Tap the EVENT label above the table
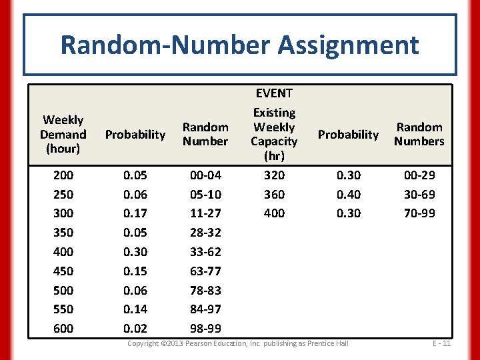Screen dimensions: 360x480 coord(274,93)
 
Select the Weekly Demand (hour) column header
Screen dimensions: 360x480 coord(63,134)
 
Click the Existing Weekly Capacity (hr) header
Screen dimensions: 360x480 coord(274,134)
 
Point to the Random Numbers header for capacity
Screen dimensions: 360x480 coord(419,134)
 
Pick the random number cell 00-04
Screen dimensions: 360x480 coord(205,175)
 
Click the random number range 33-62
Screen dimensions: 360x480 coord(205,252)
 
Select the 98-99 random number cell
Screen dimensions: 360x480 coord(205,329)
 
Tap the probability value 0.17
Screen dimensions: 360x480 coord(135,213)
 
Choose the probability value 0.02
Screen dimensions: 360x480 coord(135,329)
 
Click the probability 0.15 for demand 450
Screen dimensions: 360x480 coord(135,271)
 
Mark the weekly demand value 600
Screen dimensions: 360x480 coord(63,329)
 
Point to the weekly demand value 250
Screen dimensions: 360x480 coord(63,195)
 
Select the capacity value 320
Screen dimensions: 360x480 coord(274,175)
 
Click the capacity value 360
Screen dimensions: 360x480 coord(274,195)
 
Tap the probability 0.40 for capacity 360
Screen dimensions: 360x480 coord(348,195)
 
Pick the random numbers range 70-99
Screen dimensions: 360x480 coord(419,213)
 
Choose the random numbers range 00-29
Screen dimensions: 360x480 coord(419,175)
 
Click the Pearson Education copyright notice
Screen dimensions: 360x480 coord(238,343)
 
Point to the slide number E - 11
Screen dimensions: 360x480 coord(441,343)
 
